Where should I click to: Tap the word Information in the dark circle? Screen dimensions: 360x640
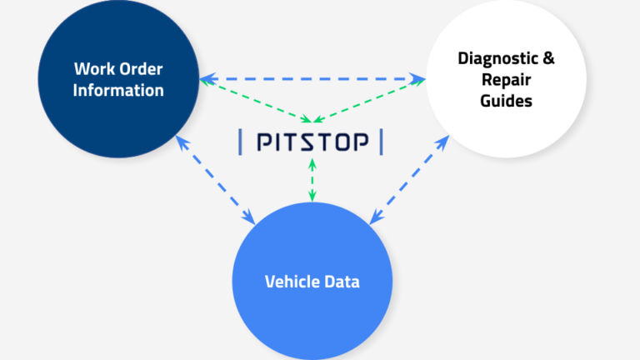coord(117,90)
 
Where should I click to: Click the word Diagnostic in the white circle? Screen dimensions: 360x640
coord(493,59)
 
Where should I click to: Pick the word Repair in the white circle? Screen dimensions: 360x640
coord(505,80)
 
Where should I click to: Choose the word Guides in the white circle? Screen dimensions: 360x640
coord(505,101)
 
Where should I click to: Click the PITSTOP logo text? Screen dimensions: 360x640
coord(312,143)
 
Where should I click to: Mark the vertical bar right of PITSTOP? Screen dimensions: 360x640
coord(382,142)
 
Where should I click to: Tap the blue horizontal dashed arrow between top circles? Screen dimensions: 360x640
coord(312,80)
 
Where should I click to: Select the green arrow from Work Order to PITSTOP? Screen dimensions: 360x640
coord(254,101)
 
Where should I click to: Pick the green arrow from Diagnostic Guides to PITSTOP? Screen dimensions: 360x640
coord(371,101)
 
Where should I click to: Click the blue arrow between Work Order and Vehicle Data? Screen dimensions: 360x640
coord(215,180)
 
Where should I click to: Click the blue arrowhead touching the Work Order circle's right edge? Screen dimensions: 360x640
coord(205,80)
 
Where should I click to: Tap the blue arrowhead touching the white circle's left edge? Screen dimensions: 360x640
coord(421,80)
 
